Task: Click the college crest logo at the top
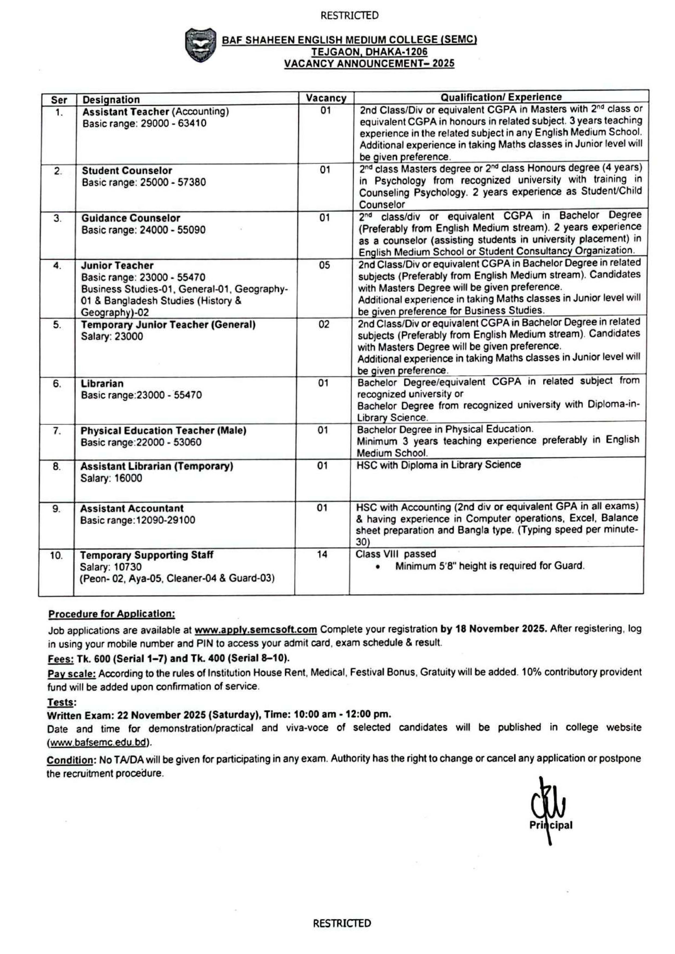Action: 201,45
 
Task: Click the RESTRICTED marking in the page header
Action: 349,16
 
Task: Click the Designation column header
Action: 111,100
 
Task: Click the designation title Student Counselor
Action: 127,170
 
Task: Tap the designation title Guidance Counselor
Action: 131,218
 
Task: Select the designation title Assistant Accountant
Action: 131,508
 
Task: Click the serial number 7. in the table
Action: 57,431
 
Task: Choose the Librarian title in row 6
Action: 102,384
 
